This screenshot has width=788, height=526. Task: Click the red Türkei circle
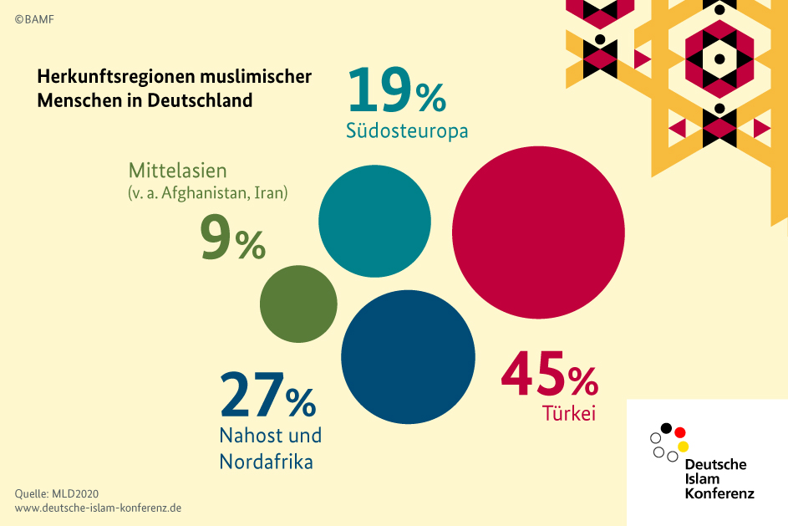[x=539, y=233]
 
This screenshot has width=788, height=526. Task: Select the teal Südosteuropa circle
[x=374, y=222]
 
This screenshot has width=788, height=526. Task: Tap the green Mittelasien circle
[x=298, y=303]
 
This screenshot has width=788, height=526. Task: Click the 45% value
[x=549, y=376]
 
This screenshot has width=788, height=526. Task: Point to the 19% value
[x=396, y=91]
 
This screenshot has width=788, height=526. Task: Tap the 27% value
[x=267, y=396]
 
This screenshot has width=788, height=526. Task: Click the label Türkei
[x=568, y=413]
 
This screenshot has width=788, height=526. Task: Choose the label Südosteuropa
[x=406, y=132]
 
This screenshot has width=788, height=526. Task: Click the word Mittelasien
[x=177, y=171]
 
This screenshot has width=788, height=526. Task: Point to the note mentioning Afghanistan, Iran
[x=208, y=193]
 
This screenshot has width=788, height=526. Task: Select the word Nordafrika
[x=266, y=461]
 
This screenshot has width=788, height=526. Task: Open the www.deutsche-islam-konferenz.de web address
[x=98, y=508]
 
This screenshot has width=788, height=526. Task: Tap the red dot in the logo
[x=680, y=432]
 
